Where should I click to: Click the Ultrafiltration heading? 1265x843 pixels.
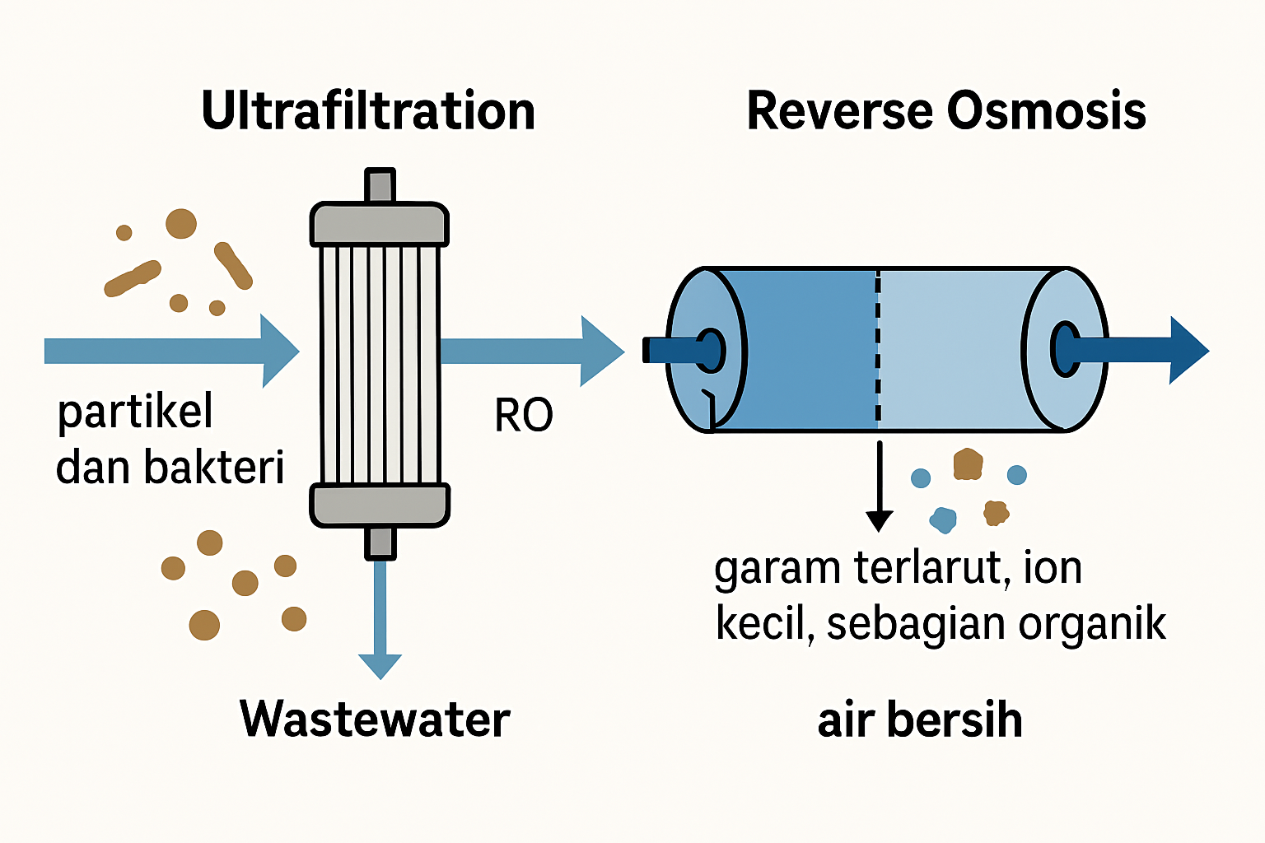coord(368,111)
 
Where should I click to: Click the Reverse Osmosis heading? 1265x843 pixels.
coord(945,111)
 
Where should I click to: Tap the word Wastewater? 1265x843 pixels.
coord(375,719)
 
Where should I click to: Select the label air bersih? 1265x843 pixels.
coord(919,720)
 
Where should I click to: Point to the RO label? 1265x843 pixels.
coord(523,415)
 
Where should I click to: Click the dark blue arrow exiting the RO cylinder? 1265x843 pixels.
coord(1145,350)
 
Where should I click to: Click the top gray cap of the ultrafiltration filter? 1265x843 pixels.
coord(379,224)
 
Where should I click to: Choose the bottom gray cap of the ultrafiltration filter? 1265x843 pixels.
coord(379,505)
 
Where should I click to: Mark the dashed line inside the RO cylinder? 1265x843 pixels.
coord(878,349)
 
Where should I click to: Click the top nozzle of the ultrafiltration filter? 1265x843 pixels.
coord(379,185)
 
